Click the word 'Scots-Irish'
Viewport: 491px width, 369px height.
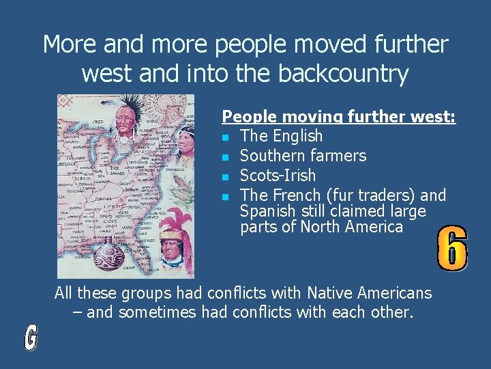[x=278, y=176]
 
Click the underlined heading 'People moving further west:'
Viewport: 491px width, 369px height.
[x=339, y=117]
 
